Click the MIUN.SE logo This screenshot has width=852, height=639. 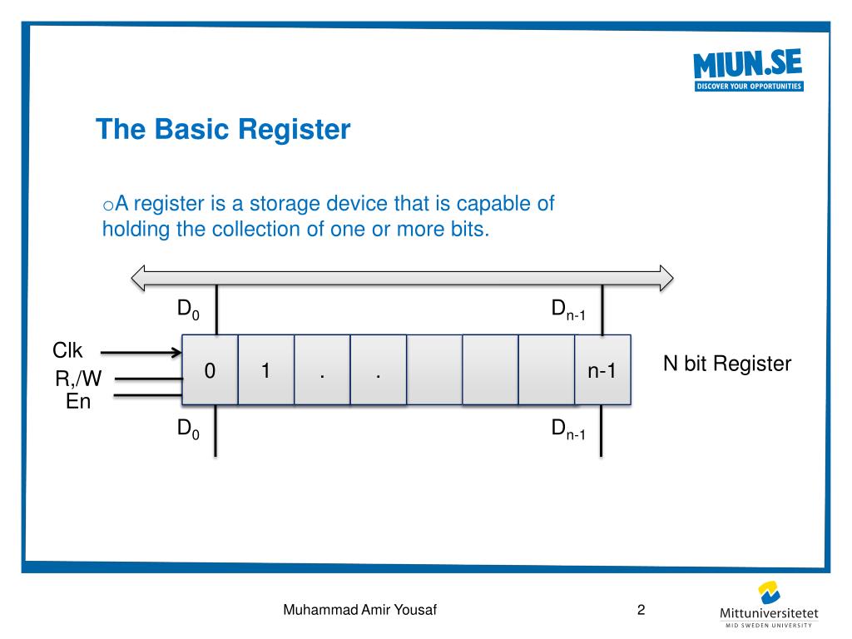pos(748,70)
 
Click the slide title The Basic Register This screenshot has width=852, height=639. pos(223,130)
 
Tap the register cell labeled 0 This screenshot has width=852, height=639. pos(211,370)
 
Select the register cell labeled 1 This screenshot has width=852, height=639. pos(266,370)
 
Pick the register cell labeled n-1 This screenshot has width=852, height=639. pos(602,371)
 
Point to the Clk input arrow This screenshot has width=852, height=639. pos(146,352)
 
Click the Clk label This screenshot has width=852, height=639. pos(68,350)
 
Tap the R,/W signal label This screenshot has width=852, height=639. pos(78,379)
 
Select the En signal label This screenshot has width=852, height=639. pos(78,402)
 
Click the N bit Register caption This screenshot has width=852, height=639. pos(726,364)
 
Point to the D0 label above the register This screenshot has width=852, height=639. pos(188,310)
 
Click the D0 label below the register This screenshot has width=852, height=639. pos(188,430)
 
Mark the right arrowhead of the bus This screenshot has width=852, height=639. pos(665,277)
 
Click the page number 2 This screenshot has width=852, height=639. pos(641,610)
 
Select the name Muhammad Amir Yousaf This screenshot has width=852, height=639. pos(360,610)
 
